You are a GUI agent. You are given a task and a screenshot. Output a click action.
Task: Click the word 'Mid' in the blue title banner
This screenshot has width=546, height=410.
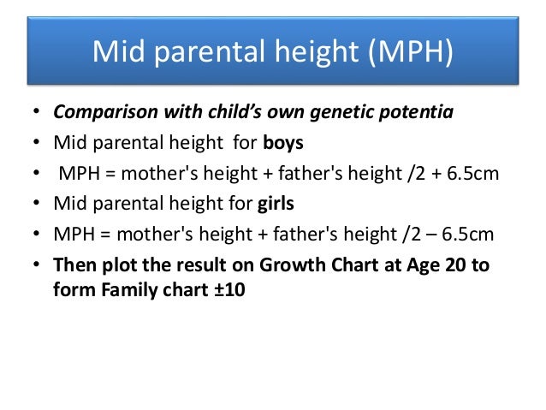[x=116, y=52]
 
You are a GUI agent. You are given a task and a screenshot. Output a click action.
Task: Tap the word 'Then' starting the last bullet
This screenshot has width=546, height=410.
[x=74, y=265]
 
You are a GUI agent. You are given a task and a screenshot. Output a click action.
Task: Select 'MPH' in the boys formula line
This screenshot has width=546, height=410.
[x=78, y=175]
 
